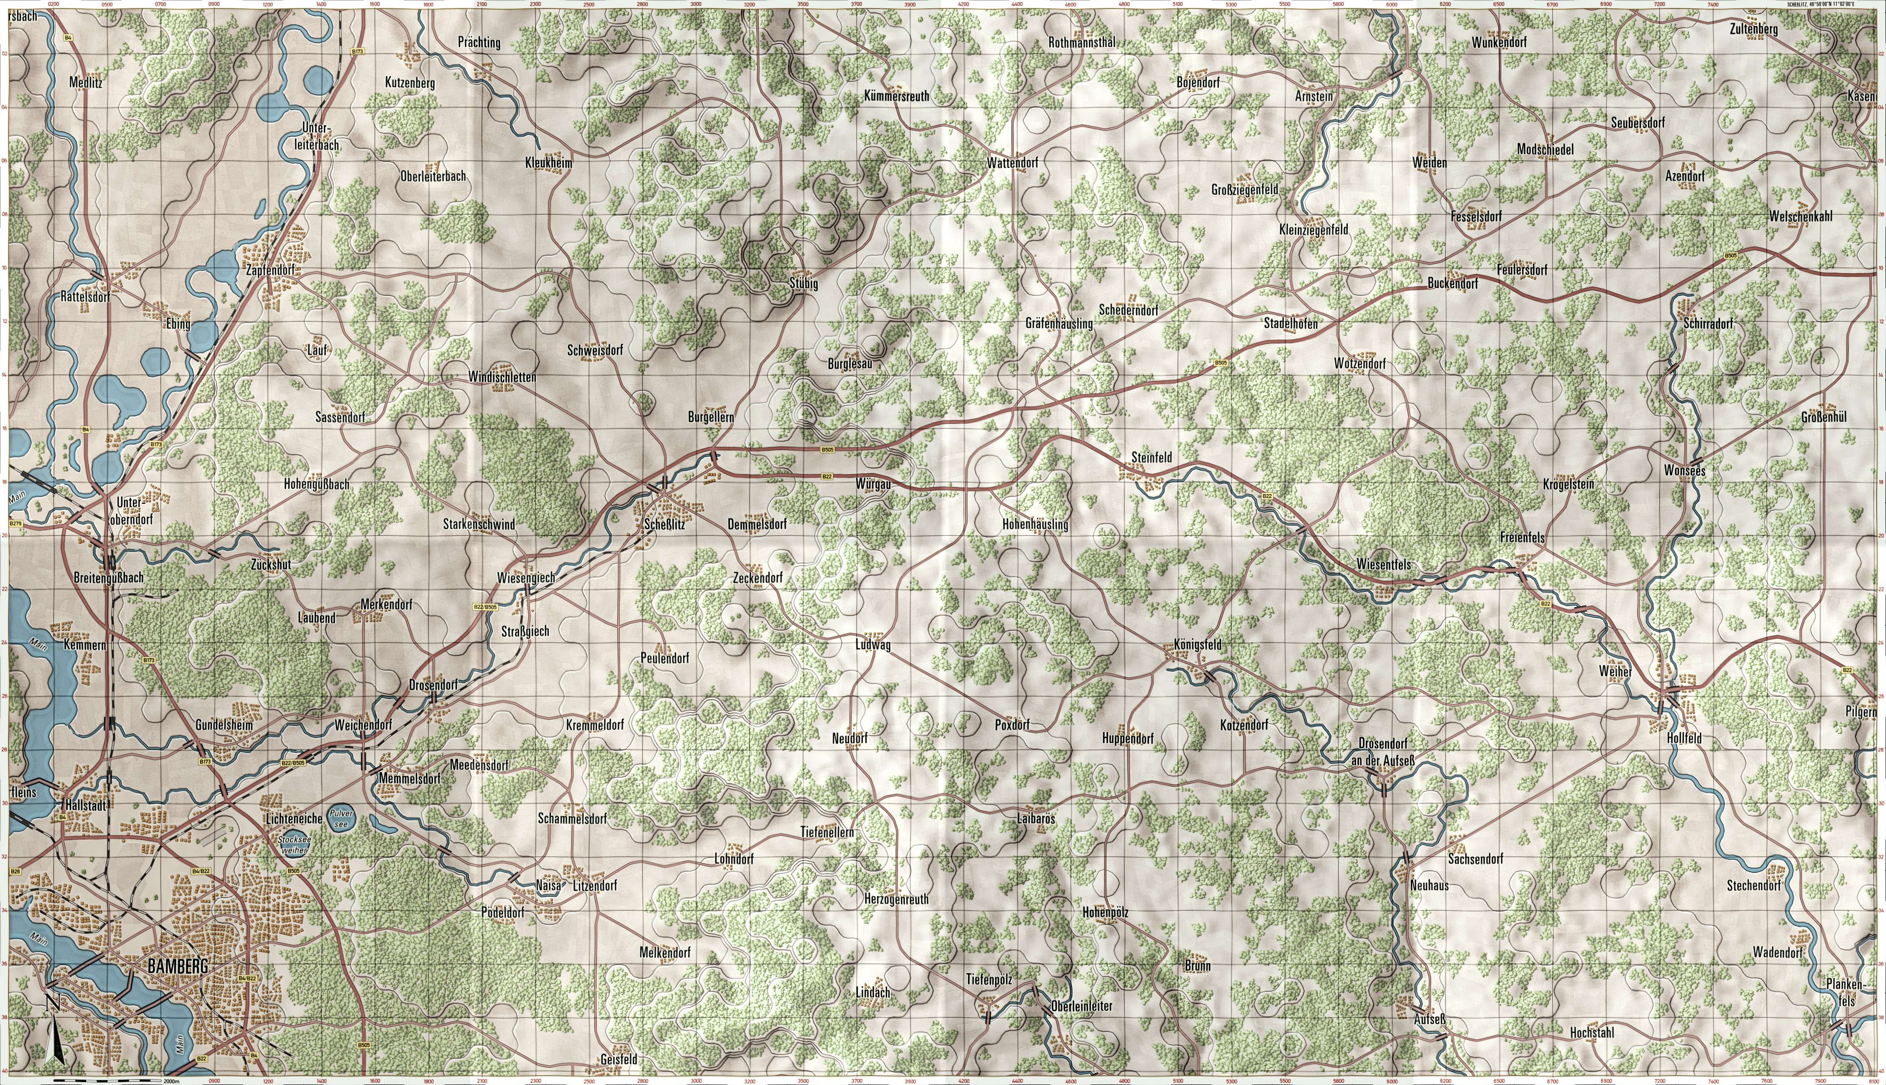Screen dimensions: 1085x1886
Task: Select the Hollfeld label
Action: (1685, 739)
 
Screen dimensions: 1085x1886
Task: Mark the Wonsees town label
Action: (1685, 471)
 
